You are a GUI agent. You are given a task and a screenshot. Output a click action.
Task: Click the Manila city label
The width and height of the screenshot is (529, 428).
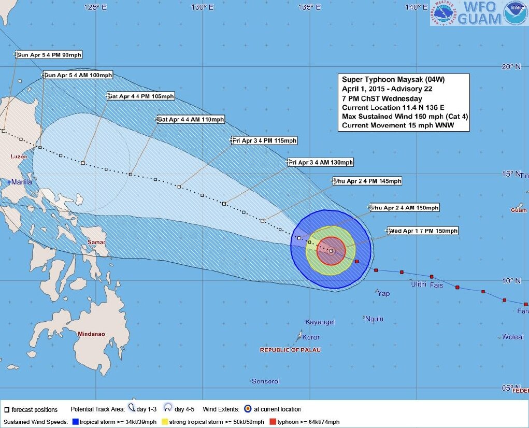22,182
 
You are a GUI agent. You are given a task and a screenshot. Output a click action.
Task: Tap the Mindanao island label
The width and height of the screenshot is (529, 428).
91,334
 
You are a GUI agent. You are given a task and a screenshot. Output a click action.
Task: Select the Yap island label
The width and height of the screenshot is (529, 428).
383,294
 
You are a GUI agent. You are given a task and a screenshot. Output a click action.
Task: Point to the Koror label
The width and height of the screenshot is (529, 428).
311,337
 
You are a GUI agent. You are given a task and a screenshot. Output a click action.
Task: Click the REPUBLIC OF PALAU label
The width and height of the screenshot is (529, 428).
290,350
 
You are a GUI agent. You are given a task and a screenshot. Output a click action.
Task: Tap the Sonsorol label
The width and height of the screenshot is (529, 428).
265,381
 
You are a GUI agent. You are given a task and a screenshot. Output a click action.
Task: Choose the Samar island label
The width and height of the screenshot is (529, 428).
96,242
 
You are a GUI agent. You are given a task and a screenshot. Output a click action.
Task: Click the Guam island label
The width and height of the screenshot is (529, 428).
518,210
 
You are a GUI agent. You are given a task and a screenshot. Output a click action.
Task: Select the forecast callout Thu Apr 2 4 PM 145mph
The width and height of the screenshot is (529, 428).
367,181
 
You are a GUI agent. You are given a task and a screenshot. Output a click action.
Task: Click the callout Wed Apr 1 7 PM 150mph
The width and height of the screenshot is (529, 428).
423,231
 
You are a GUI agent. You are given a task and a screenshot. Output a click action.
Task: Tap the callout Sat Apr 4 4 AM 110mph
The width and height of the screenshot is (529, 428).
191,120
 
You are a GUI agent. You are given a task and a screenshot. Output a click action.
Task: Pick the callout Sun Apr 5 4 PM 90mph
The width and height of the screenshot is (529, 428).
49,55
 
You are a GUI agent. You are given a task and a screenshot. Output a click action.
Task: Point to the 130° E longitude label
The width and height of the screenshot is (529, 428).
202,7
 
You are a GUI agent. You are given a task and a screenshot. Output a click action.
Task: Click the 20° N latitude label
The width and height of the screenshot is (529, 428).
510,66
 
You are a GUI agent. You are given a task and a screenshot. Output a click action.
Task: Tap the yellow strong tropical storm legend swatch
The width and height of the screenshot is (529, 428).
165,422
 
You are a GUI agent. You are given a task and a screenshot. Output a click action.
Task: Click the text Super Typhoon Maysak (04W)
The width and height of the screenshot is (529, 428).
393,79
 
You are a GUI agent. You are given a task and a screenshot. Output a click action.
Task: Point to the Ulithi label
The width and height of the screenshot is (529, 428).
418,284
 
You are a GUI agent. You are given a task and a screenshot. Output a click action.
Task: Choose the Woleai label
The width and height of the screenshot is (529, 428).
512,337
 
